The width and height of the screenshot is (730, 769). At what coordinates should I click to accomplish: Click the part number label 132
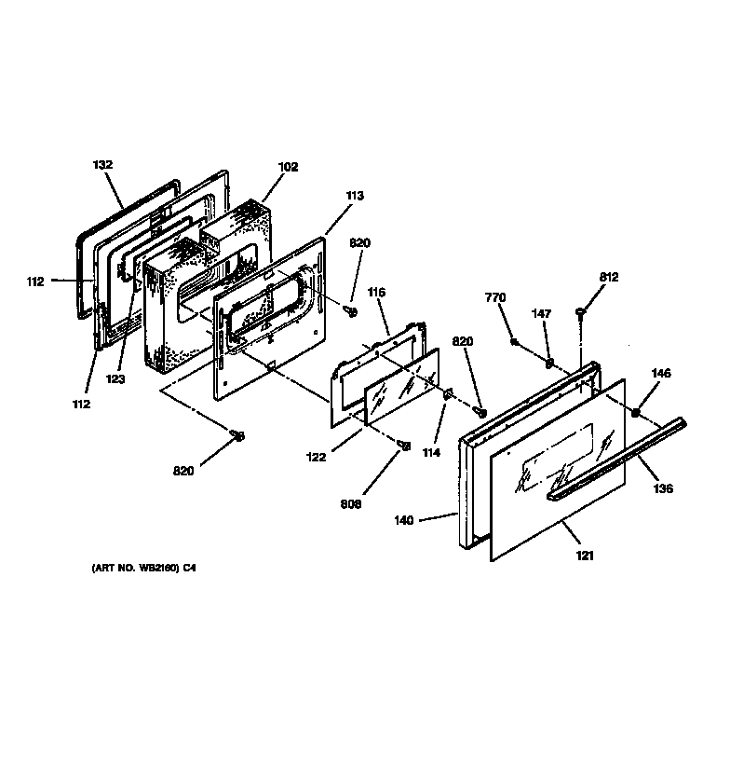tap(102, 165)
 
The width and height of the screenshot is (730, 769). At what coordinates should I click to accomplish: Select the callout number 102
tap(288, 167)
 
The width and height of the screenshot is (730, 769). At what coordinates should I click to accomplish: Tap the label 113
tap(355, 196)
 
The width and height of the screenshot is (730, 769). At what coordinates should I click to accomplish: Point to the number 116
tap(376, 293)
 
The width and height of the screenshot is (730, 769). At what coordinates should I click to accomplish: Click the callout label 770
tap(495, 297)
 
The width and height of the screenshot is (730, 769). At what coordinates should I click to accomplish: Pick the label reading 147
tap(541, 313)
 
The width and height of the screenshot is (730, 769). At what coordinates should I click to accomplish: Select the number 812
tap(609, 277)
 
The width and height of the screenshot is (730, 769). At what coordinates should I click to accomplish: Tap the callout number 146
tap(661, 373)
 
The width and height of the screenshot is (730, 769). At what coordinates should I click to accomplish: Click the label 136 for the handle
tap(663, 488)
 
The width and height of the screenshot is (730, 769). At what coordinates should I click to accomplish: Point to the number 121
tap(585, 556)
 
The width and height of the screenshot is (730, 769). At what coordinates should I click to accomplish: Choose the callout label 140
tap(404, 520)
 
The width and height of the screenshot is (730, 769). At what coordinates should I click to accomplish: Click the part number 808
tap(351, 504)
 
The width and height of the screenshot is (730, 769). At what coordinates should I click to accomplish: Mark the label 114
tap(431, 453)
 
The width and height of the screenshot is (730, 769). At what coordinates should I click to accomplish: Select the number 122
tap(316, 457)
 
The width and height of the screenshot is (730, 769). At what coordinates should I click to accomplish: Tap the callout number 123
tap(115, 379)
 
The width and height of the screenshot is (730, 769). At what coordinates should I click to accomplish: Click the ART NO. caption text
tap(143, 568)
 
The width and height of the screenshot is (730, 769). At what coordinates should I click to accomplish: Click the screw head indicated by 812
tap(581, 311)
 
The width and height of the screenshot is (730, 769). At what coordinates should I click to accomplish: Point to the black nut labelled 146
tap(635, 412)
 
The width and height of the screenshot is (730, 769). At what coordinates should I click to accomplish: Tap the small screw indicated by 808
tap(405, 446)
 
